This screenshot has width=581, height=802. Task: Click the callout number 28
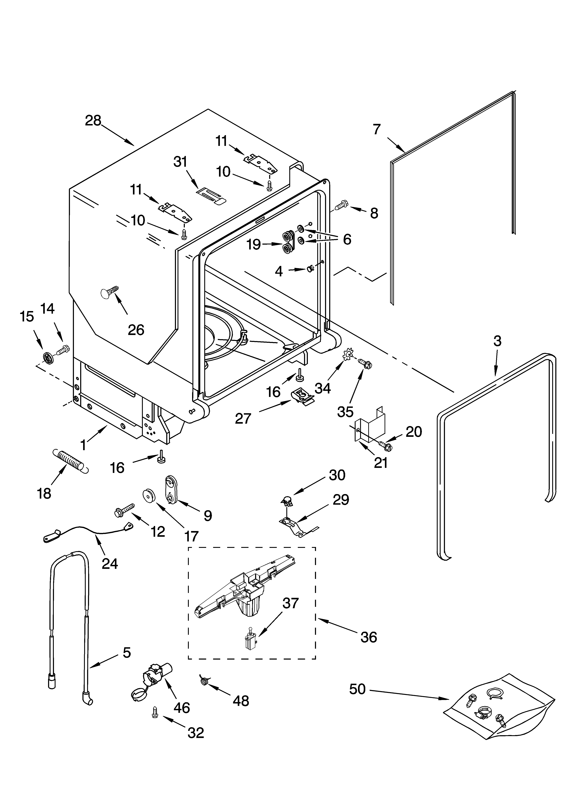pyautogui.click(x=93, y=121)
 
